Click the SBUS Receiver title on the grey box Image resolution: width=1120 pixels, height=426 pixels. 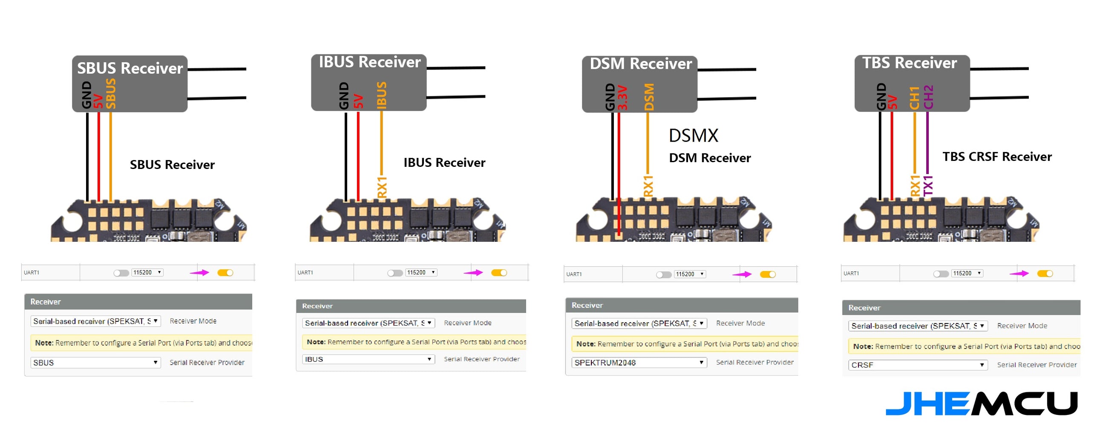tap(130, 68)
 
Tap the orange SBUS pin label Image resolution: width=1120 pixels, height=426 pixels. tap(111, 93)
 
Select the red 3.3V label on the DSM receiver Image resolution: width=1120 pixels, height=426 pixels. tap(622, 97)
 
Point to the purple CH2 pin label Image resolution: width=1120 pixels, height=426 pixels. tap(928, 97)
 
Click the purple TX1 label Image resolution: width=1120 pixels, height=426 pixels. tap(928, 186)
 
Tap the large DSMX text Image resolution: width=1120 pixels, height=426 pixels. tap(694, 135)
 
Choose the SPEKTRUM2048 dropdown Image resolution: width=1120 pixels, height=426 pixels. tap(639, 363)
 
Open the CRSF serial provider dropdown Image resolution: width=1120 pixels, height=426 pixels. tap(917, 365)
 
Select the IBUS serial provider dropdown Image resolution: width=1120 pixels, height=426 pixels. tap(368, 360)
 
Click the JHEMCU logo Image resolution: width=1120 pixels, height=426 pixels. tap(981, 404)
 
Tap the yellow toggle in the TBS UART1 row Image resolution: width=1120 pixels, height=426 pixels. tap(1045, 274)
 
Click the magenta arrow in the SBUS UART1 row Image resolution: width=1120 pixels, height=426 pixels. tap(199, 273)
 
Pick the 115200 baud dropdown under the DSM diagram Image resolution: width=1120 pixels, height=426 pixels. tap(690, 274)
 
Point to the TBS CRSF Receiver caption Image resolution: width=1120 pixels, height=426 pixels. tap(996, 157)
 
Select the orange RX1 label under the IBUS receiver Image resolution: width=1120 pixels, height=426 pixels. tap(382, 187)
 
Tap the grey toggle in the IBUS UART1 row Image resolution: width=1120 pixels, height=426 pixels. tap(395, 273)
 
